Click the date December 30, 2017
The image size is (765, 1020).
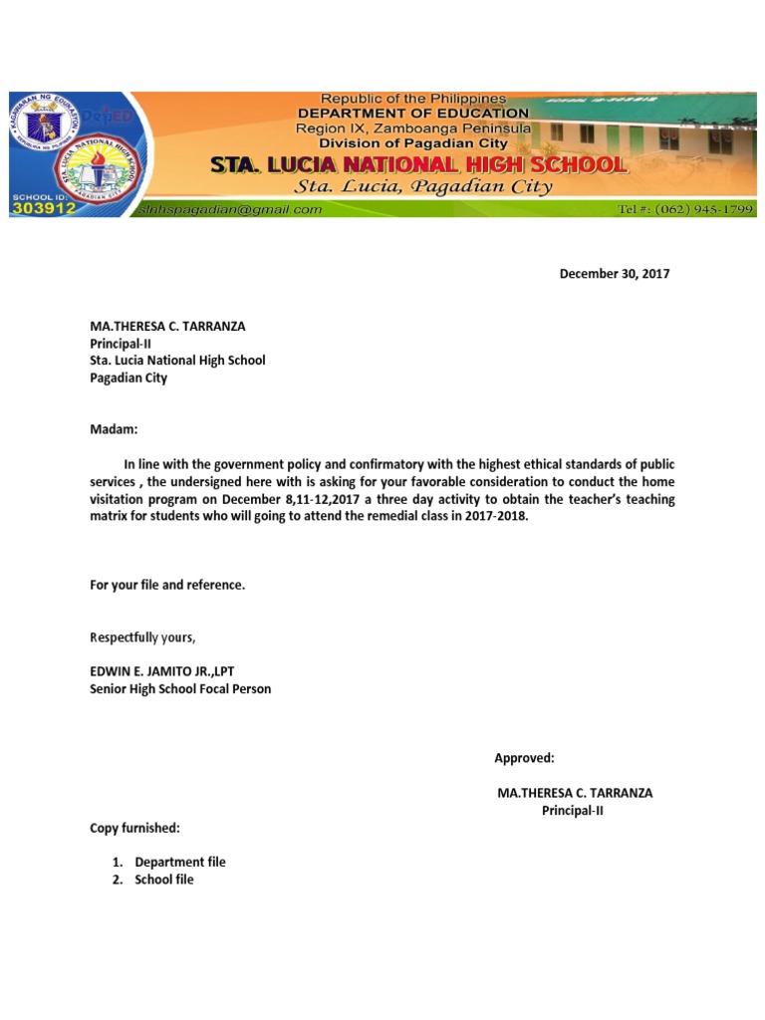[615, 274]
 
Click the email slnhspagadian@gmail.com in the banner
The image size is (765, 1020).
[231, 209]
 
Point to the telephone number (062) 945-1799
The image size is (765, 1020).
[686, 209]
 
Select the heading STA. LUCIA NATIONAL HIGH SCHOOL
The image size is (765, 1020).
[417, 164]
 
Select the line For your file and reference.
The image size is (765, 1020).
[167, 585]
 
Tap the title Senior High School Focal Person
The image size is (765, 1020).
[180, 689]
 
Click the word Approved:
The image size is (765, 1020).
[524, 758]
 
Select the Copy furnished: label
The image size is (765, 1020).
[134, 828]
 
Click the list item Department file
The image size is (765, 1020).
[180, 862]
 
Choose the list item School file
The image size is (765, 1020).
[164, 880]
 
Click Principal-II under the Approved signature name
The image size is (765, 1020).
[572, 811]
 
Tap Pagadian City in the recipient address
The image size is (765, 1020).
[128, 379]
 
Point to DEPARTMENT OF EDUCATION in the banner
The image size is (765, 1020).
[412, 114]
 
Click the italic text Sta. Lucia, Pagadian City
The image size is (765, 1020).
[423, 187]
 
